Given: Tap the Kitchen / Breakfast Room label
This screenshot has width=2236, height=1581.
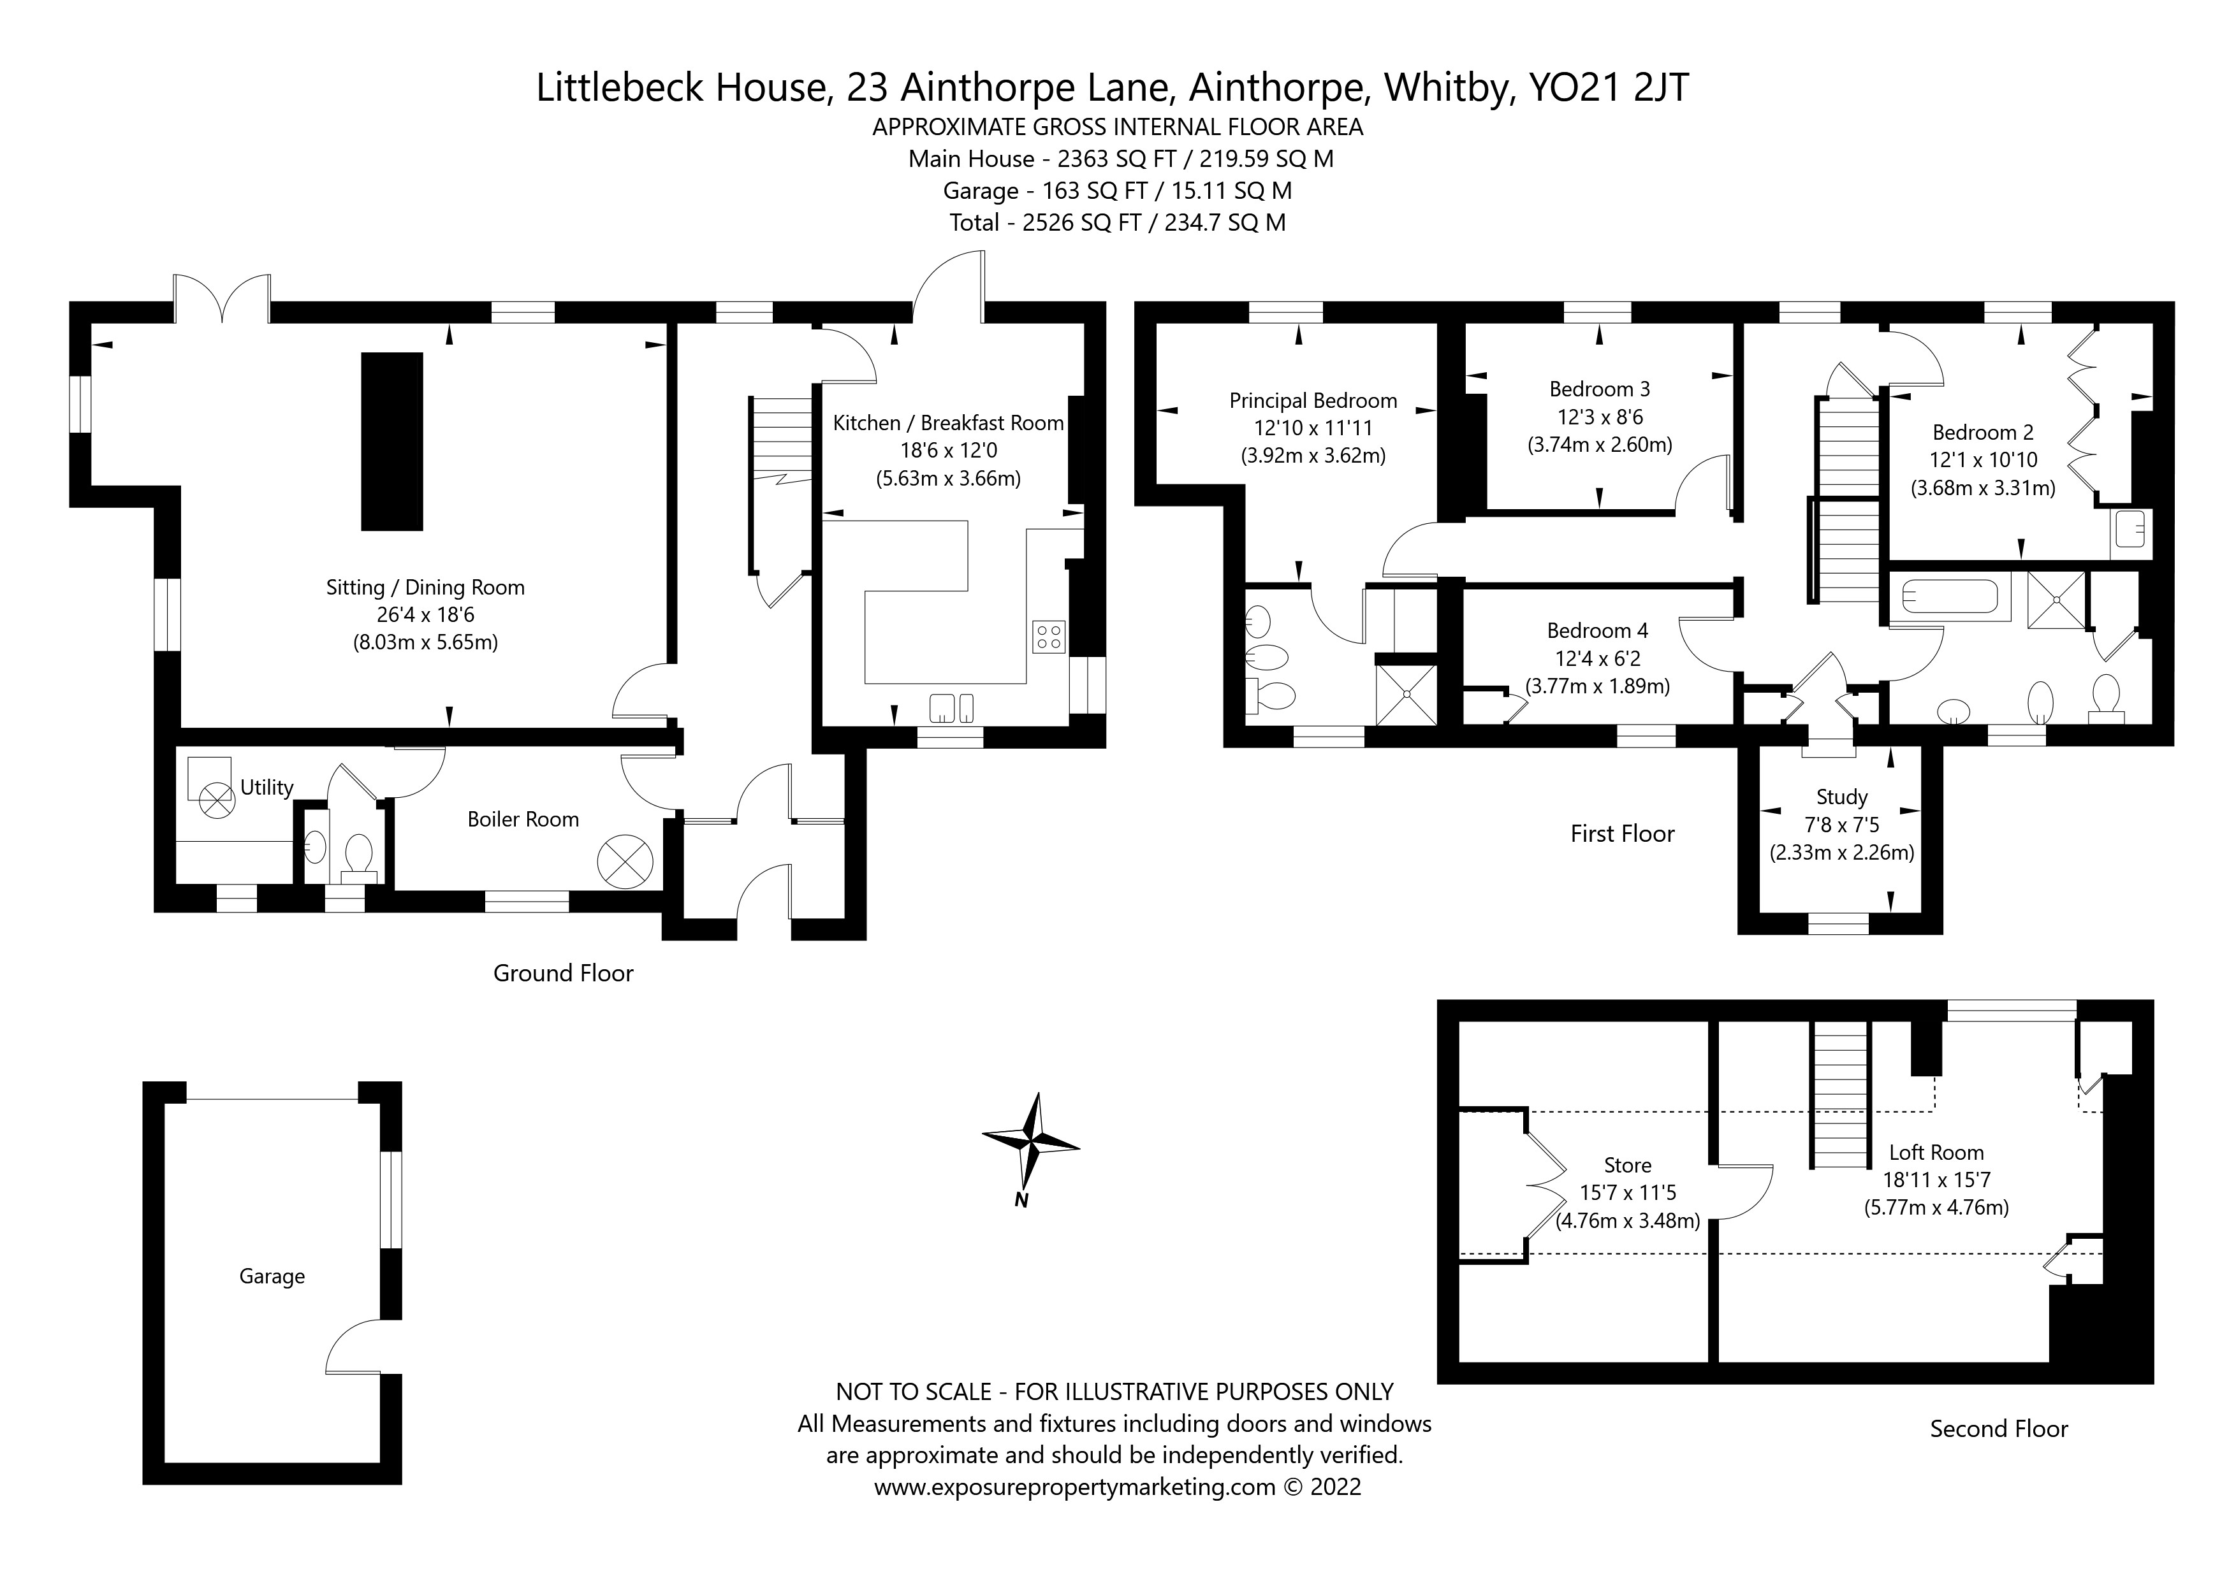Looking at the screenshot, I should [x=947, y=422].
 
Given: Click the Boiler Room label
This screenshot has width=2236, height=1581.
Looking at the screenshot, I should [x=523, y=819].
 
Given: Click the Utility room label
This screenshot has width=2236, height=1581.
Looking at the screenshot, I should [x=267, y=788].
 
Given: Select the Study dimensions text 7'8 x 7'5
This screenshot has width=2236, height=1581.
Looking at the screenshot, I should [x=1841, y=825].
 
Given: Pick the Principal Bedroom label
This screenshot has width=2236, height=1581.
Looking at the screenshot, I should [x=1313, y=400].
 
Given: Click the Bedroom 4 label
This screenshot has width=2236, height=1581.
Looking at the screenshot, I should [x=1597, y=631].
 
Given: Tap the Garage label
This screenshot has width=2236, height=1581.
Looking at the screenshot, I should [x=272, y=1276].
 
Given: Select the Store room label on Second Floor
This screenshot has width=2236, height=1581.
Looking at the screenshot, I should [x=1627, y=1166].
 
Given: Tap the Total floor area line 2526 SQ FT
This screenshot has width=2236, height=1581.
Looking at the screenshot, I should [x=1117, y=223].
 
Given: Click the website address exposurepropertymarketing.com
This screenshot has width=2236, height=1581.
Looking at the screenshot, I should [x=1074, y=1515].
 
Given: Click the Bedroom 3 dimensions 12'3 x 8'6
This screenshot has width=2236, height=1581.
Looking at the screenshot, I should [x=1599, y=417].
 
